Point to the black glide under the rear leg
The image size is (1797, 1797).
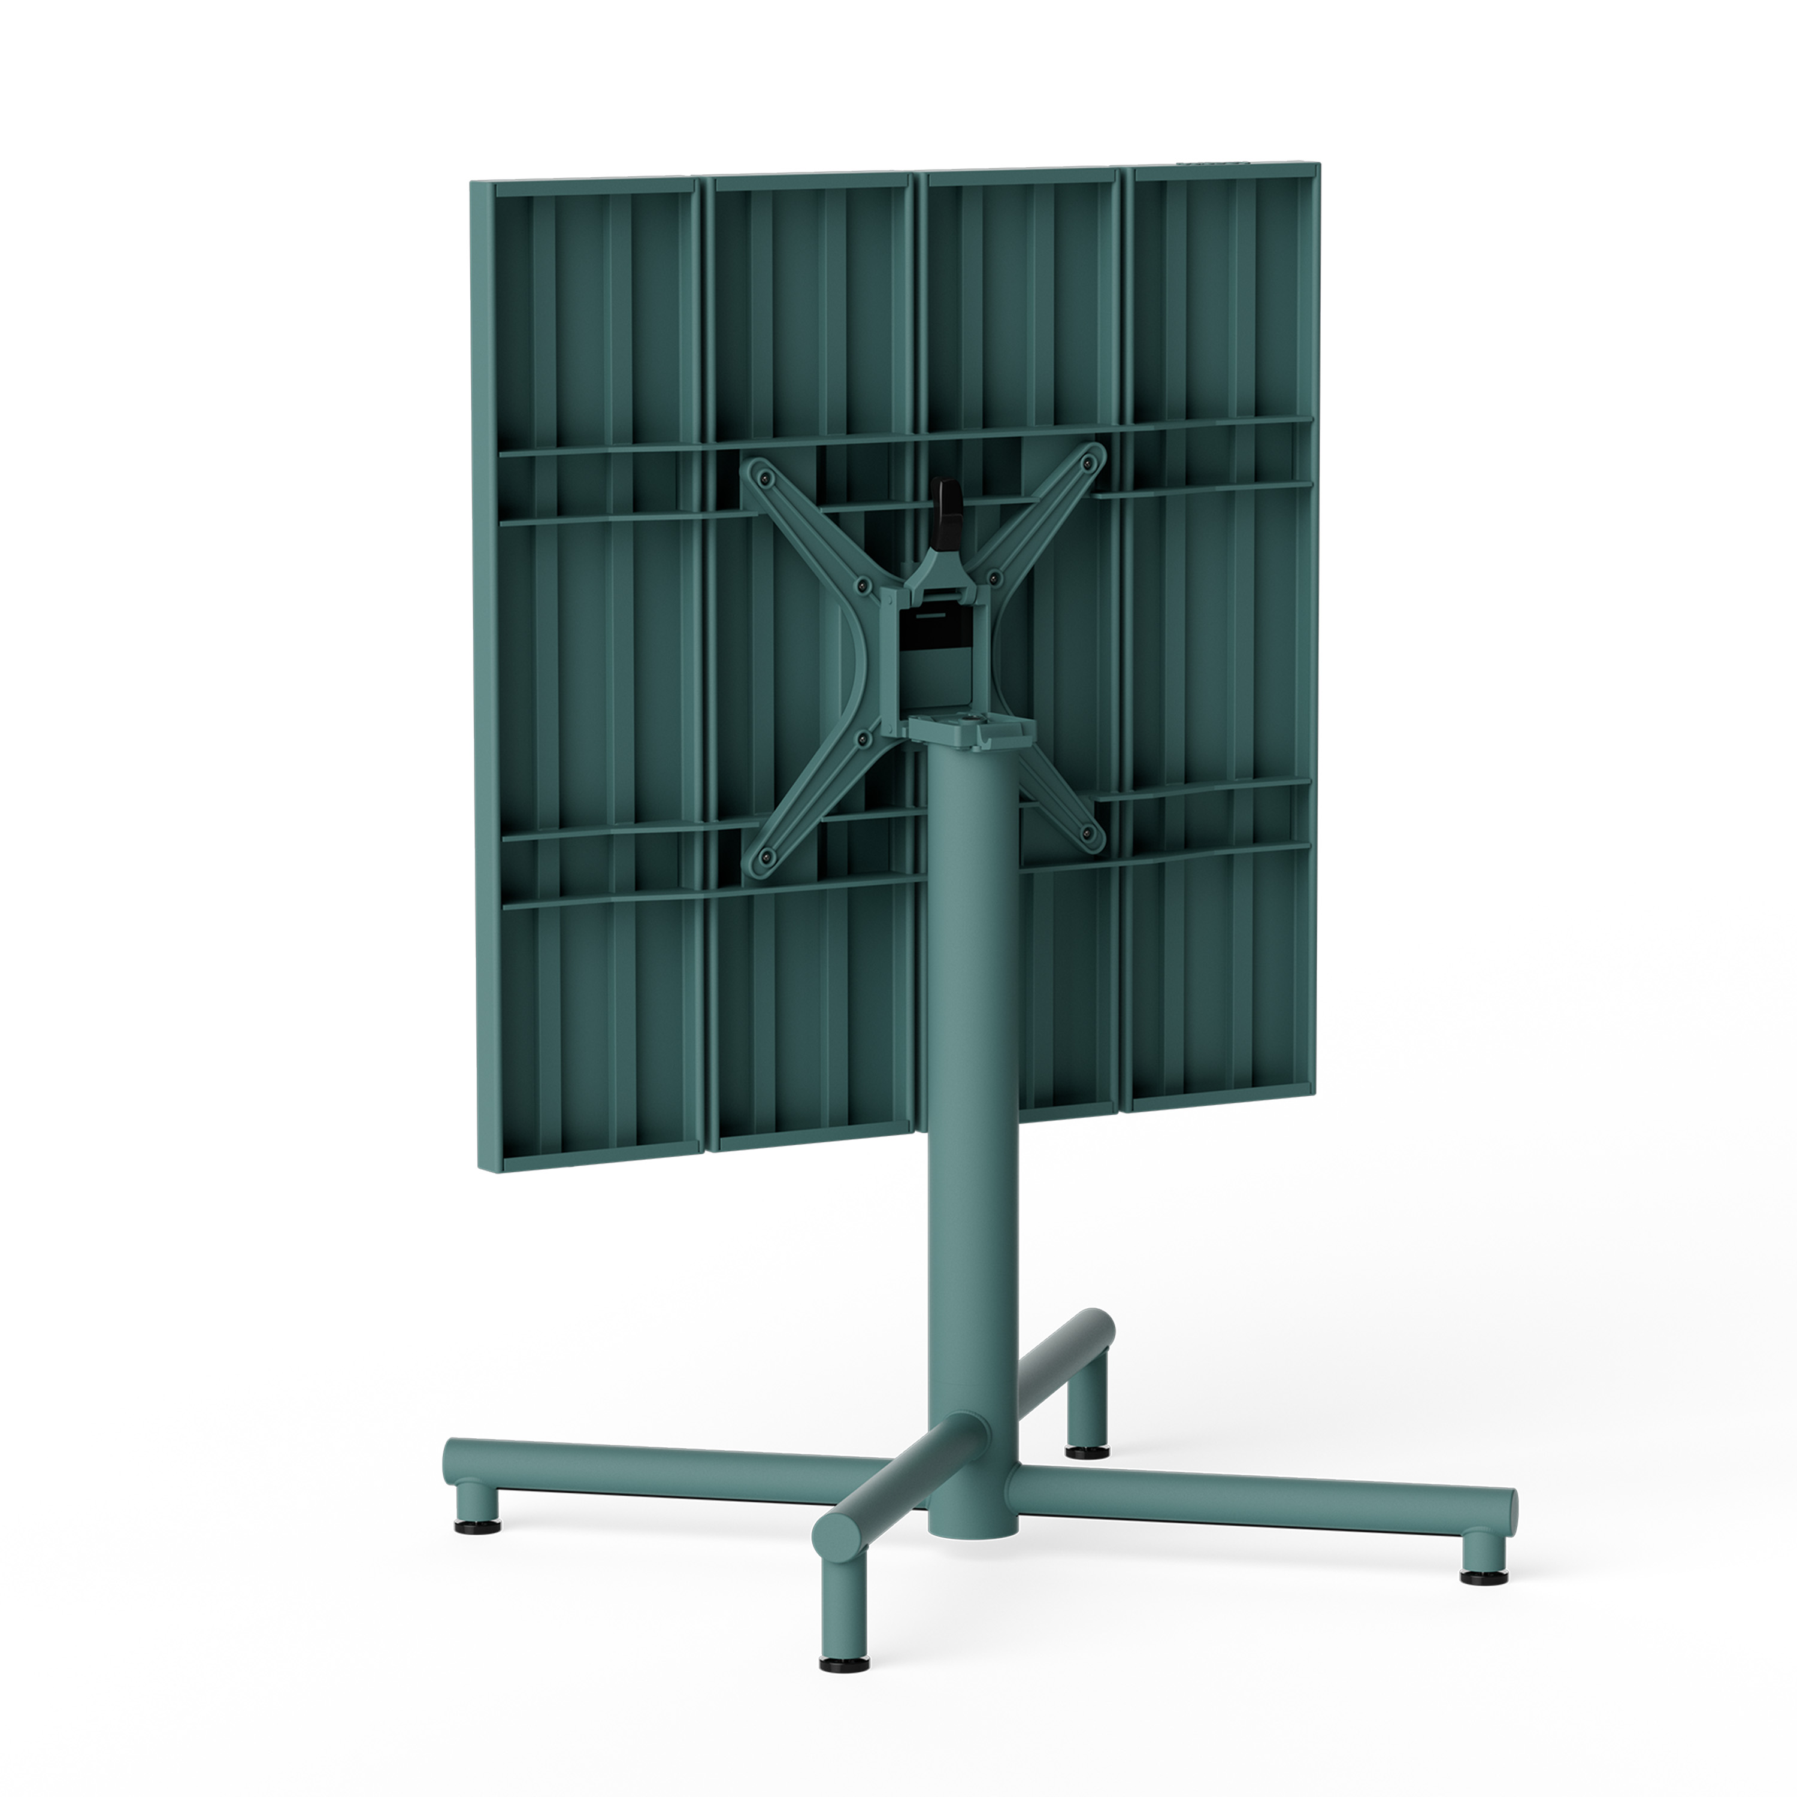1082,1449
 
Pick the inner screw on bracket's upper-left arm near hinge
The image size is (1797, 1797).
861,585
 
